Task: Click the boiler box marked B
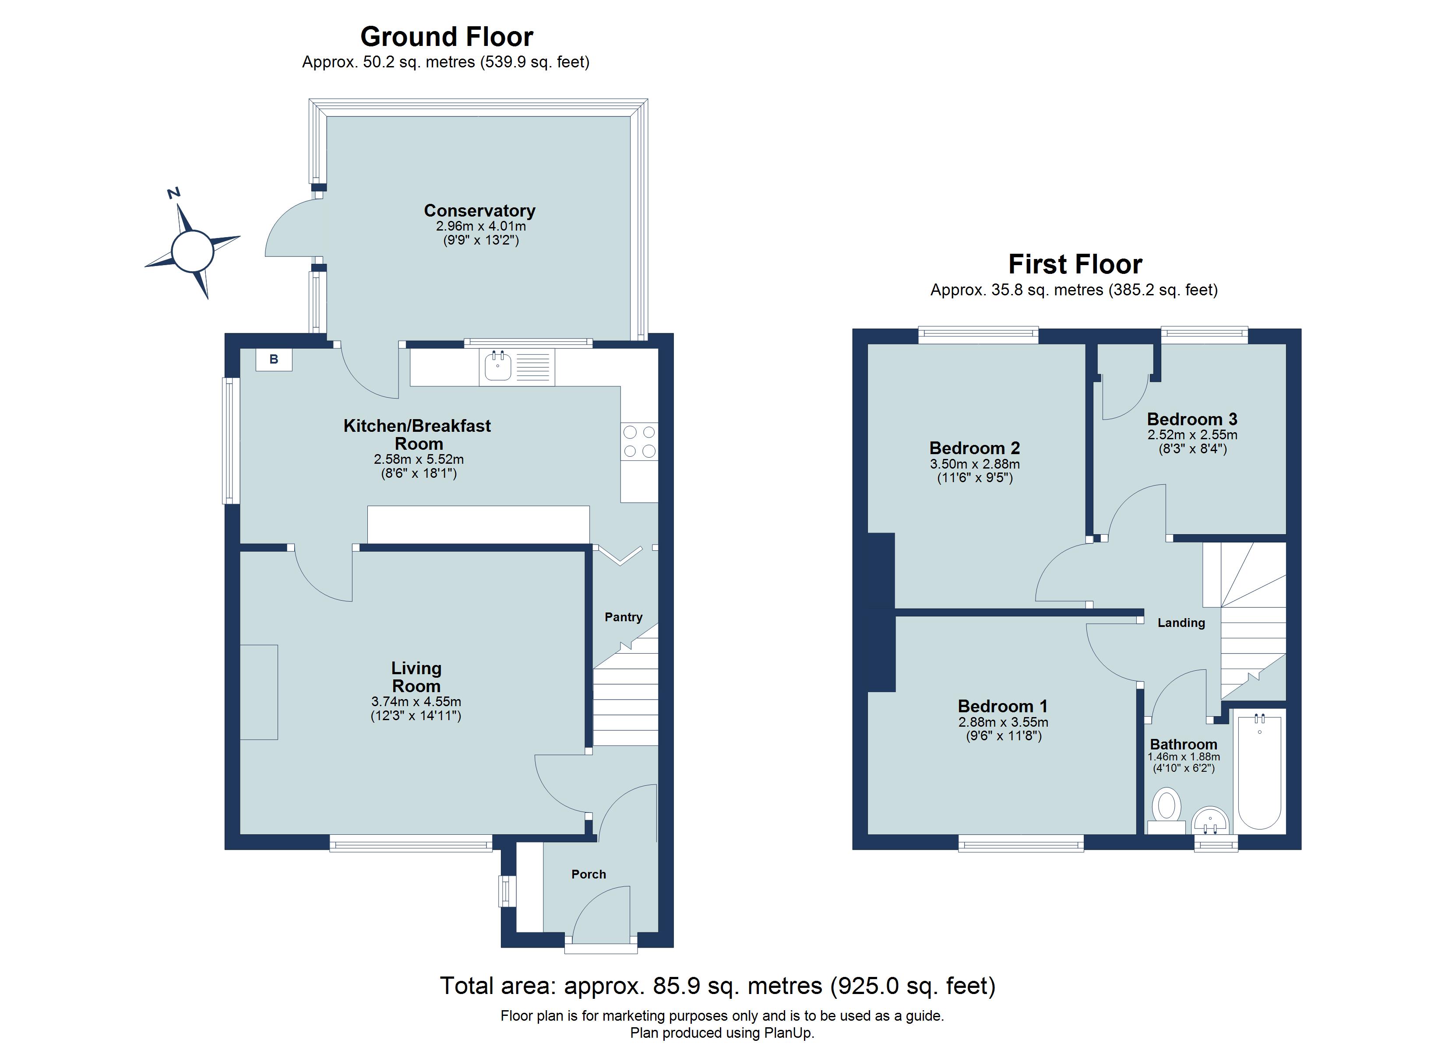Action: (274, 360)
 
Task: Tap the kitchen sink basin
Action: (497, 366)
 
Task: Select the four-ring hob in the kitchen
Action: (639, 441)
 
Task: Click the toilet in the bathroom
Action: (1166, 807)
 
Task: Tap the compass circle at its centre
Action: (192, 251)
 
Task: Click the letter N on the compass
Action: (173, 193)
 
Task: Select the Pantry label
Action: (623, 617)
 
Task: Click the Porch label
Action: (588, 874)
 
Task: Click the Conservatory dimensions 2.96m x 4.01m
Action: (480, 227)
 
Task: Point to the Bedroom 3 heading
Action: (1192, 419)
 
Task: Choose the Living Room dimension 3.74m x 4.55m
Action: (416, 702)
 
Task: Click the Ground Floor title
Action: (447, 37)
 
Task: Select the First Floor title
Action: (1075, 264)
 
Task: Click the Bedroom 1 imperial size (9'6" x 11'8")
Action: (1004, 736)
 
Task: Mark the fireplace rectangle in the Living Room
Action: (259, 692)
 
